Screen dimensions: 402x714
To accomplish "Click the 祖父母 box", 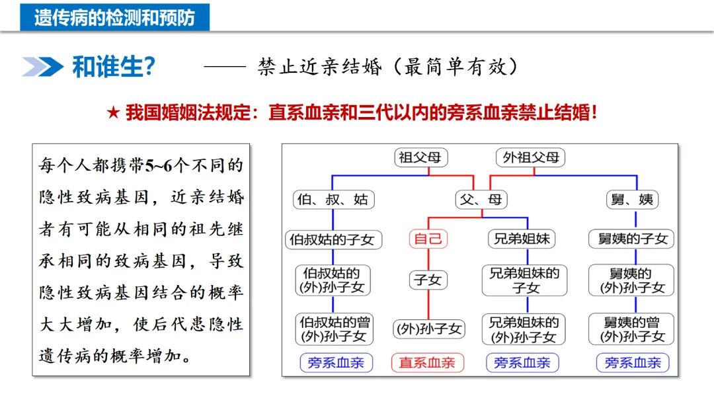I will coord(422,158).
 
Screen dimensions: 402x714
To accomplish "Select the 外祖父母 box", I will coord(531,158).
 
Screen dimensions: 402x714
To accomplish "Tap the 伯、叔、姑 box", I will coord(333,199).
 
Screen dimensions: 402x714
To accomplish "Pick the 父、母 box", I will coord(481,199).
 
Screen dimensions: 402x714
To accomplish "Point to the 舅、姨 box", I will coord(635,199).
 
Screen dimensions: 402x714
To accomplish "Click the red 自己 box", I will coord(428,239).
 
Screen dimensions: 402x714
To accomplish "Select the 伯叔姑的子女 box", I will coord(332,239).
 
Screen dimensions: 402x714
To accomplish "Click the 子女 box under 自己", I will coord(428,280).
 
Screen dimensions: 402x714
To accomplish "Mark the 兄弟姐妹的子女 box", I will coord(524,280).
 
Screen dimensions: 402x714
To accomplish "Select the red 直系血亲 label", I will coord(428,362).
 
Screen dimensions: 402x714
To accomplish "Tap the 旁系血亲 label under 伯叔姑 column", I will coord(336,362).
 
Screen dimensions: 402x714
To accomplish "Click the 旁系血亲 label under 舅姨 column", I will coord(633,362).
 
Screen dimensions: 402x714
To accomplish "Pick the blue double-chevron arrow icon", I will coord(43,67).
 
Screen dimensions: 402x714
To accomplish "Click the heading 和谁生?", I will coord(113,67).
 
